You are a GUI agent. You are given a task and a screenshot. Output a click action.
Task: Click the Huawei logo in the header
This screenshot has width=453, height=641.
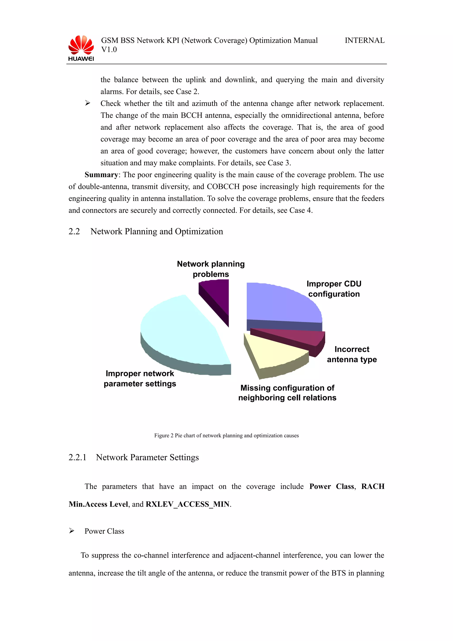(x=81, y=48)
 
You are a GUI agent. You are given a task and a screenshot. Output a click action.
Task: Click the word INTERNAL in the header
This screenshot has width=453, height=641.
(x=364, y=40)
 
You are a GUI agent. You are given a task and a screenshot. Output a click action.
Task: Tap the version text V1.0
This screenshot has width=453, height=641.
(x=109, y=50)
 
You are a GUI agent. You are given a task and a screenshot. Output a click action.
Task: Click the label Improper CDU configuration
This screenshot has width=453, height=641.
(x=334, y=289)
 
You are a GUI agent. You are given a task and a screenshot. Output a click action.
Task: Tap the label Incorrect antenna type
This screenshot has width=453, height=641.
(x=352, y=354)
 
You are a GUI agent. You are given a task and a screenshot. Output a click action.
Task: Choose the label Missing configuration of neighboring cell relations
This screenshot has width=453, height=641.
(x=287, y=393)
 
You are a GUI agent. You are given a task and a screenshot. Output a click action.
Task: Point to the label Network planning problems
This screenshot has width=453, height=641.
(x=211, y=269)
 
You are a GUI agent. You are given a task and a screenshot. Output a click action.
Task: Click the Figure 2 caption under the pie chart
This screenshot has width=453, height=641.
(x=226, y=436)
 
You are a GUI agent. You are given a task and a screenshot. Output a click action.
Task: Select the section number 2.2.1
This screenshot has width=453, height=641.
(x=77, y=457)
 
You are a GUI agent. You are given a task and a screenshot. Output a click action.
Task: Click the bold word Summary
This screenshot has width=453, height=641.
(x=101, y=175)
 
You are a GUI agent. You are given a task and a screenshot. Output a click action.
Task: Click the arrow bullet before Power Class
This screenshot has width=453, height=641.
(x=72, y=531)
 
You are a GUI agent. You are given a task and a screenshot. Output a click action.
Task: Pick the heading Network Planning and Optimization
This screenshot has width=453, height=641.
(x=157, y=231)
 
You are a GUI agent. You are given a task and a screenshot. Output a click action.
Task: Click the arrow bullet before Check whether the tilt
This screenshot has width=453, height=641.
(x=88, y=103)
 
